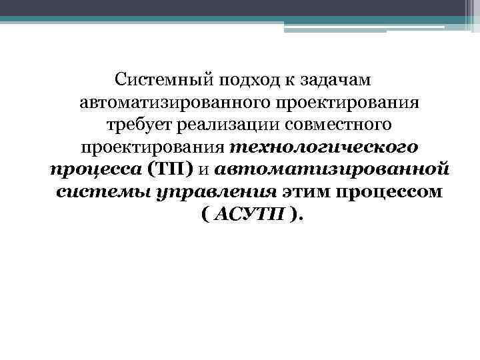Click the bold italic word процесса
[x=95, y=169]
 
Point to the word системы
[x=96, y=192]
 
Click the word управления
[x=210, y=192]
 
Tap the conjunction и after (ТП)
[x=205, y=169]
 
